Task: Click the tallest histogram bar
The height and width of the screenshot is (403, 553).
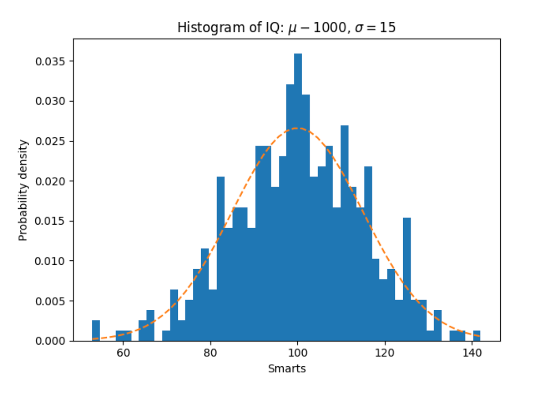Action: point(298,193)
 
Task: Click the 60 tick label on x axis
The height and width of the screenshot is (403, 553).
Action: point(123,353)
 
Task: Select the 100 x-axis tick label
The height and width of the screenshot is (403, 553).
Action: point(298,353)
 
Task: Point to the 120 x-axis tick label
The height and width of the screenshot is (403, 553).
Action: point(385,353)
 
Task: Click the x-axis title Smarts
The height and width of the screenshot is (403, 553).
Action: point(287,369)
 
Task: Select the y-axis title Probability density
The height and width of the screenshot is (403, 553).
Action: point(23,190)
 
